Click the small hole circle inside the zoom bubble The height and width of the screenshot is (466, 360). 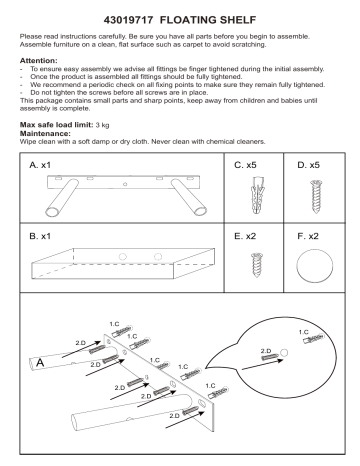click(x=285, y=353)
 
